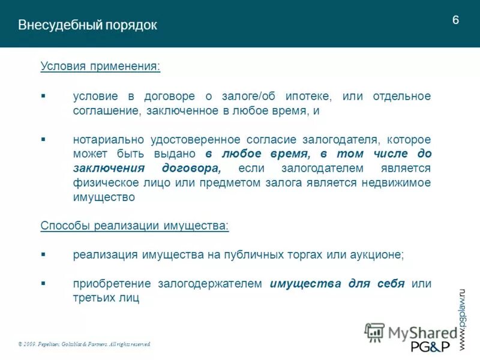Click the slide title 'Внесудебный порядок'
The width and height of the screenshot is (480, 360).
(x=88, y=25)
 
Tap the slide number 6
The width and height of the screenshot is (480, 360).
(x=455, y=20)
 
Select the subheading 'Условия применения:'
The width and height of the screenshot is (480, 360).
(x=101, y=65)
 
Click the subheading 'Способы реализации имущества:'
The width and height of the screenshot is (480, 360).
(x=135, y=226)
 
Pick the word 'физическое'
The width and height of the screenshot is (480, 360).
(x=103, y=182)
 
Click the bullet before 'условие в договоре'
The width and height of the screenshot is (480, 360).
(x=43, y=96)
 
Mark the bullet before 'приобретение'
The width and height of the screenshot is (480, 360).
(x=43, y=283)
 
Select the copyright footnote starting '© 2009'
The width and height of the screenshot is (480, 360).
(x=85, y=344)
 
